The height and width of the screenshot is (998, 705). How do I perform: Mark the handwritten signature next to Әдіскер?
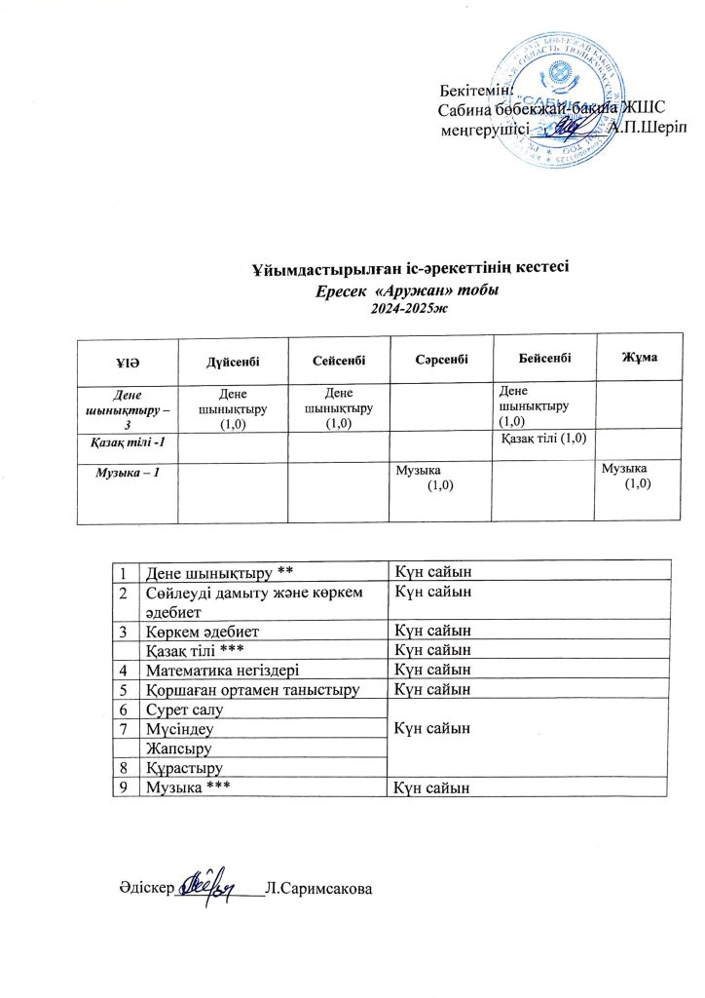212,881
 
